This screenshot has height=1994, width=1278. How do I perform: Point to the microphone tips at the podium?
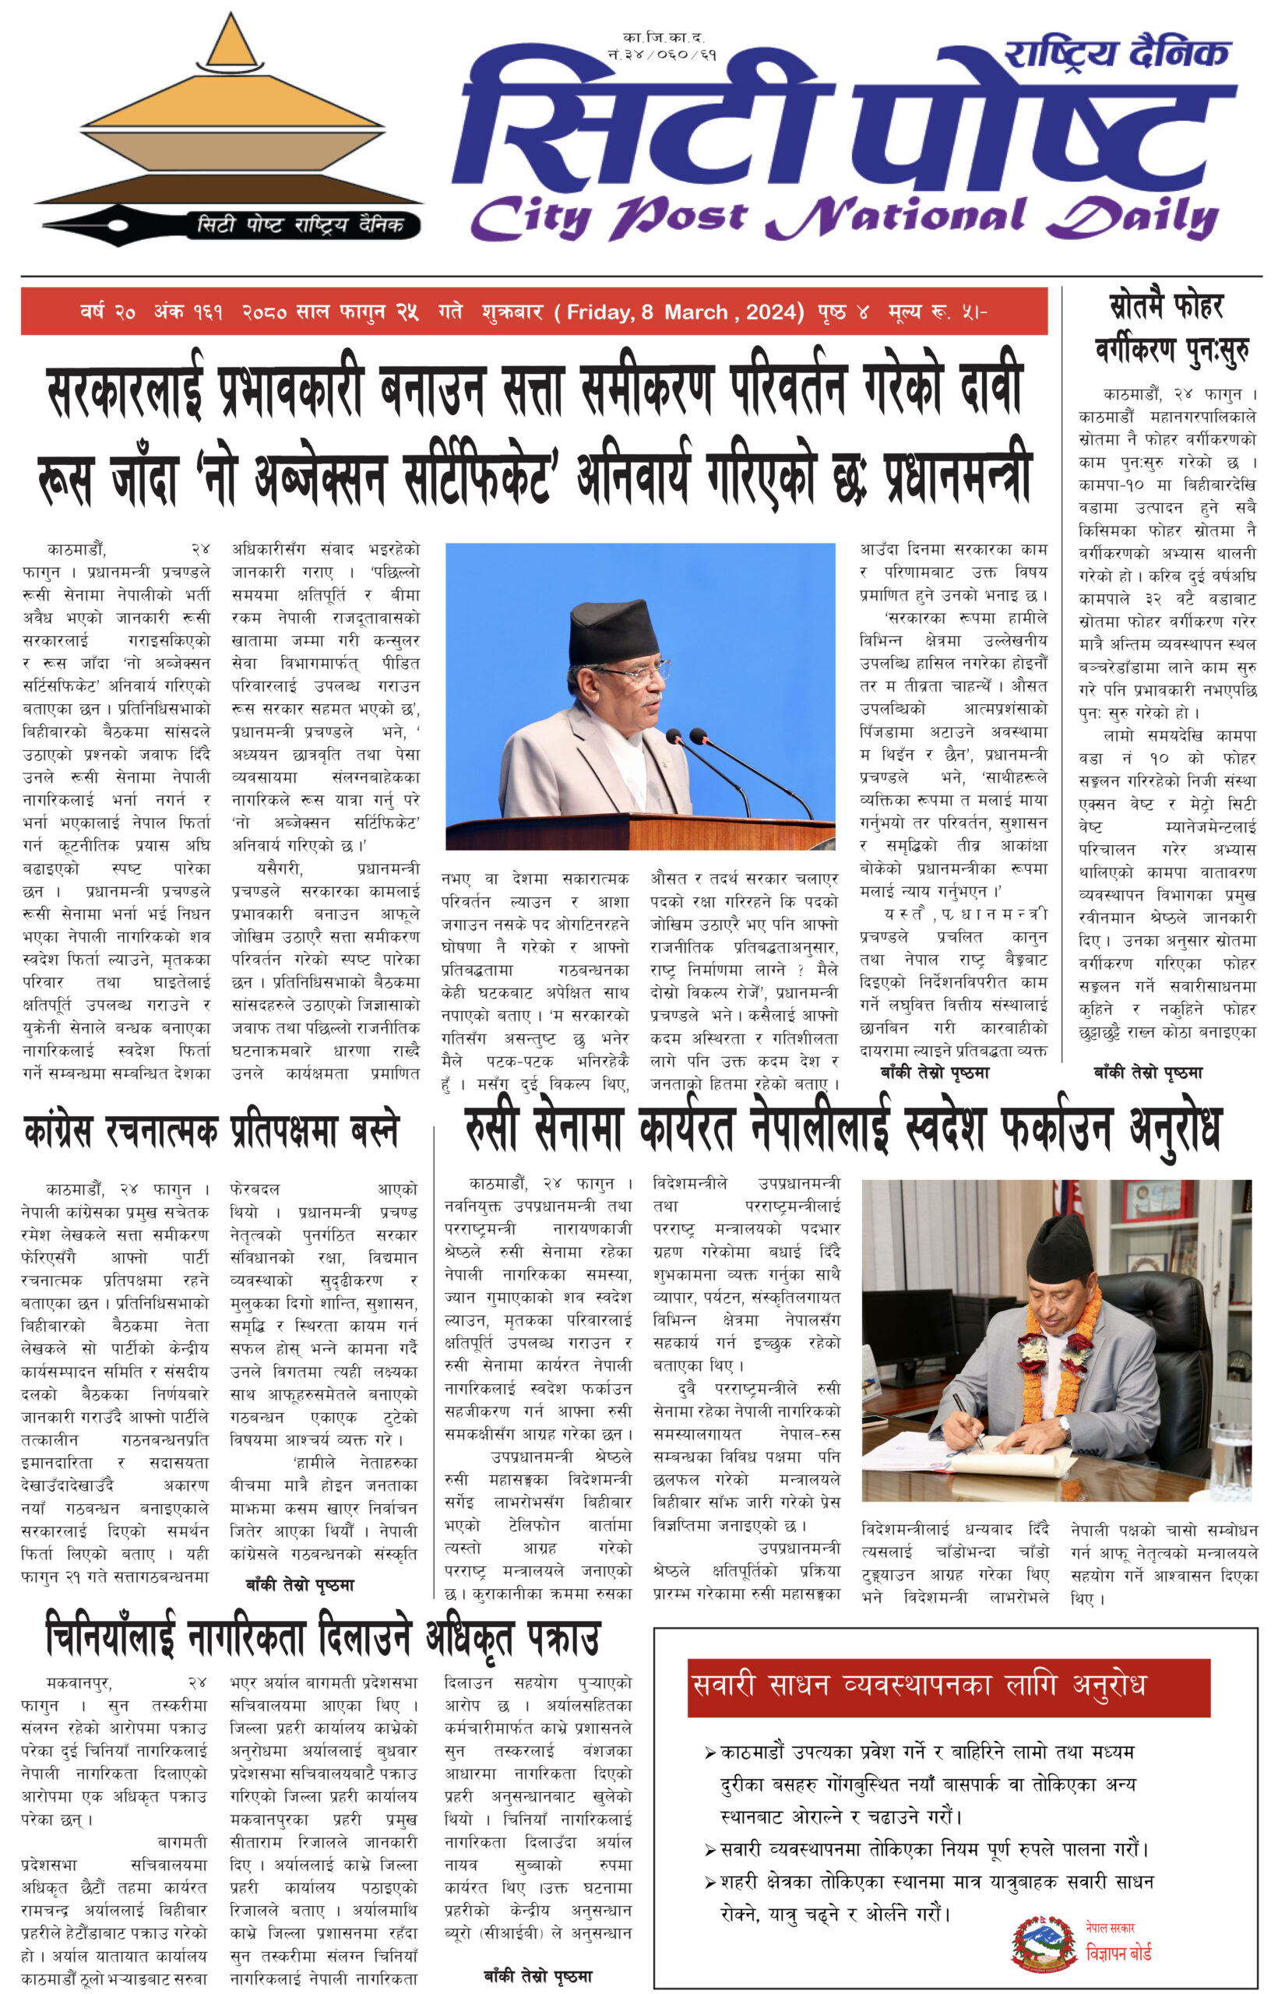click(685, 735)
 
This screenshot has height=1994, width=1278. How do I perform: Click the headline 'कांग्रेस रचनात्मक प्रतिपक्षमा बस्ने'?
click(213, 1131)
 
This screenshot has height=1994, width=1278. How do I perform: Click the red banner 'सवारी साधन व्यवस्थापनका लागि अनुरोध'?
click(948, 1687)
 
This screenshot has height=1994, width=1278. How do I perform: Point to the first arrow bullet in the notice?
click(710, 1753)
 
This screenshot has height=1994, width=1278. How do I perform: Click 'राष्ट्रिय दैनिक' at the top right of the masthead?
click(1116, 55)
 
